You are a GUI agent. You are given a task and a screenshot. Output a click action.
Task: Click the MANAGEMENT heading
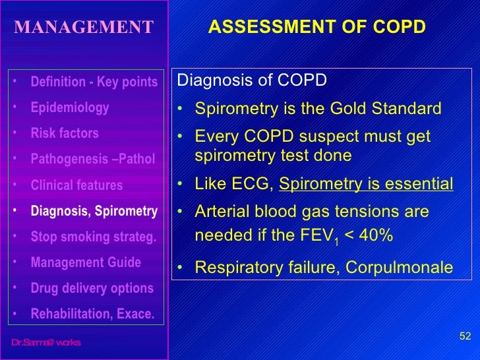pos(84,27)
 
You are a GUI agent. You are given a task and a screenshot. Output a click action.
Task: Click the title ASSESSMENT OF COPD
pos(316,27)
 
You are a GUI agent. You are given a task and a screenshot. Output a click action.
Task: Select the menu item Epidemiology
pos(70,107)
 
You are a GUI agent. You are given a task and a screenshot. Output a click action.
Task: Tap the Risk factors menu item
pos(65,133)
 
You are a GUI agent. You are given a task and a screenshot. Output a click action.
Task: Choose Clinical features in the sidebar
pos(76,185)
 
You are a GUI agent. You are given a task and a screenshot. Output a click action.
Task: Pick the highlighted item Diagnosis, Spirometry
pos(94,211)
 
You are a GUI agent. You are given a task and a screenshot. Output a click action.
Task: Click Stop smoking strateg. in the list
pos(94,237)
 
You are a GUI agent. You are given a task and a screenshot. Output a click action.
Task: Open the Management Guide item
pos(86,262)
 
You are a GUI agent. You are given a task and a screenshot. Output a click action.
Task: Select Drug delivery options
pos(92,288)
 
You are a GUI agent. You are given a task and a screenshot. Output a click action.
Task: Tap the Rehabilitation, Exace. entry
pos(92,314)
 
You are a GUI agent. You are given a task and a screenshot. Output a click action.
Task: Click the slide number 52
pos(465,336)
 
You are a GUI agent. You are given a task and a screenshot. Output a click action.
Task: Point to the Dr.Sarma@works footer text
pos(45,342)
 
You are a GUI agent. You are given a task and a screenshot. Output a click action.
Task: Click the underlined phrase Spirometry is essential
pos(366,183)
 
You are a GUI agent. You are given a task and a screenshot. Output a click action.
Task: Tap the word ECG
pos(251,183)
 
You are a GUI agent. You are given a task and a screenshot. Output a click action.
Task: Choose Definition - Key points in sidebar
pos(94,82)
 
